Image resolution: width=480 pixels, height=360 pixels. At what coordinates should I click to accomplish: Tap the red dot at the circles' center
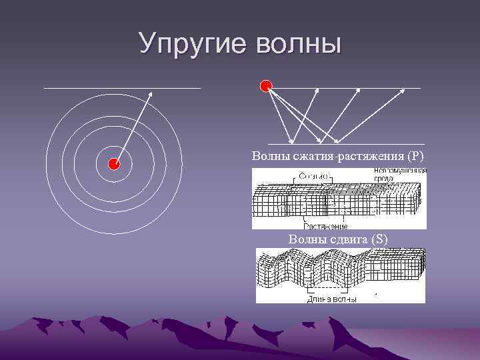114,164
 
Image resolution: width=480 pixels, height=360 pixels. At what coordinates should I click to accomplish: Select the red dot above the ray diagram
266,85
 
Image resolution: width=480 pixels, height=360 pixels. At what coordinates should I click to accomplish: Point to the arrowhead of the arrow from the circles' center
150,94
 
